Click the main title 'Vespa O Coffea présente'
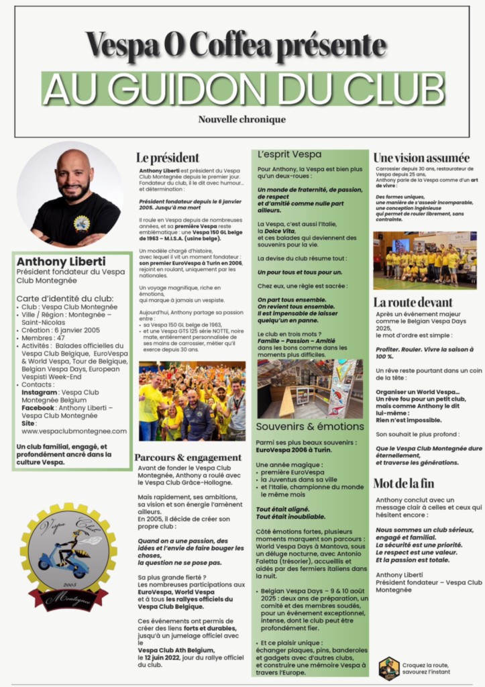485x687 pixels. tap(235, 46)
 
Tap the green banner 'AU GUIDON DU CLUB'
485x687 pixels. tap(242, 87)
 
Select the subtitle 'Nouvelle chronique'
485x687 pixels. tap(241, 119)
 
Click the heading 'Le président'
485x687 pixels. tap(168, 158)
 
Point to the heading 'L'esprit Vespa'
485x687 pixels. tap(289, 154)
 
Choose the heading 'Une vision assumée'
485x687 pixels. tap(421, 158)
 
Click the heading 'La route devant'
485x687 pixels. tap(413, 303)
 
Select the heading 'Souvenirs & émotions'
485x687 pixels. tap(309, 426)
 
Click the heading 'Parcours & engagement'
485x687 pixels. tap(188, 458)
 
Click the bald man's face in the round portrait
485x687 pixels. tap(72, 176)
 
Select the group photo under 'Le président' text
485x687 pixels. tap(192, 401)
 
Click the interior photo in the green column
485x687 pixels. tap(309, 388)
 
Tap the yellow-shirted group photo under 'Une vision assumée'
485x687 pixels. tap(424, 260)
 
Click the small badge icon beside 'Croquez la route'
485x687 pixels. tap(389, 668)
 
